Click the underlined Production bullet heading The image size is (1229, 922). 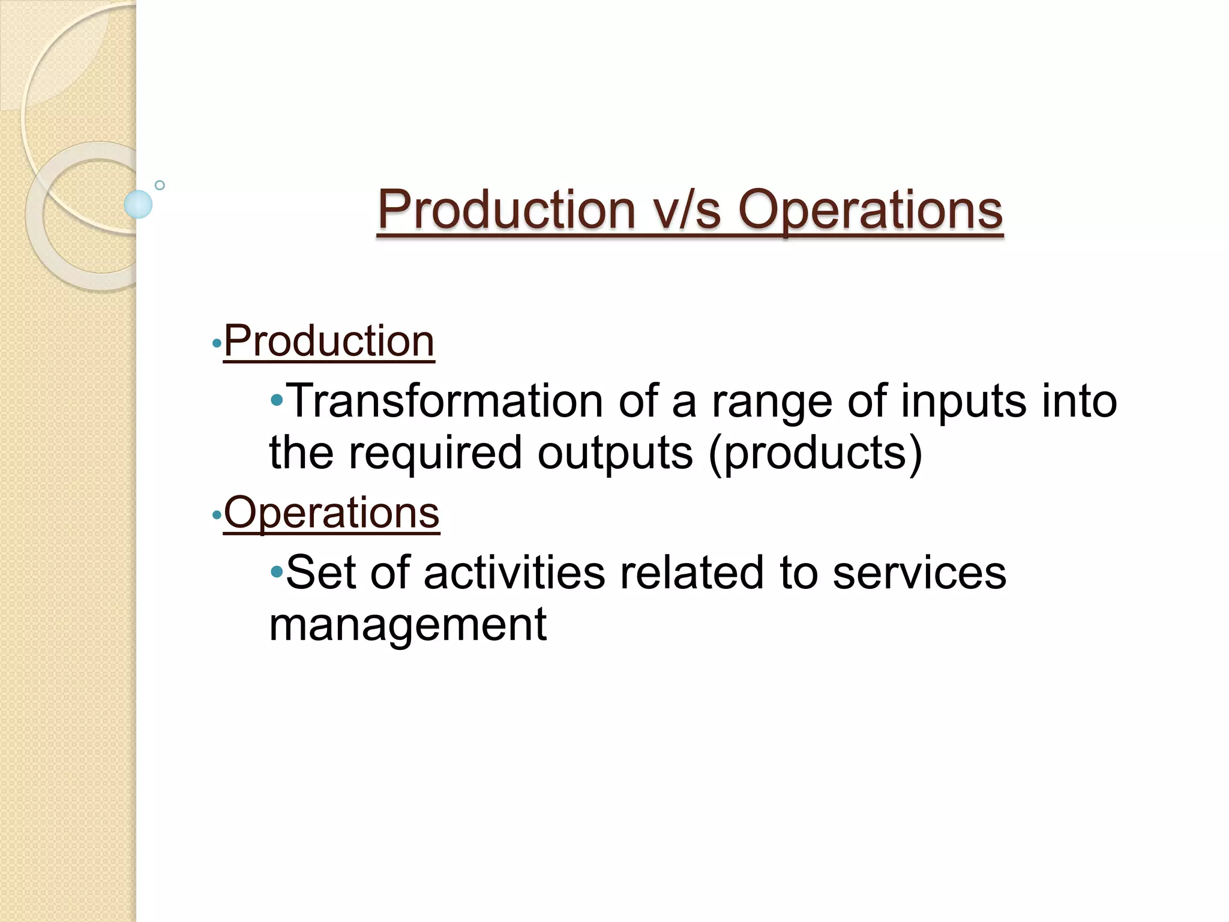coord(329,342)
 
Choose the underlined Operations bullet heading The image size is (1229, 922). coord(331,513)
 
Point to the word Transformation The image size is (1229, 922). coord(446,401)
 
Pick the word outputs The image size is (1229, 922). coord(615,453)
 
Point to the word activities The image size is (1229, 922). coord(514,573)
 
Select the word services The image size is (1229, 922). coord(919,574)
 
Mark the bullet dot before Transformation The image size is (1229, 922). coord(277,399)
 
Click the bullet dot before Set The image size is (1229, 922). coord(277,571)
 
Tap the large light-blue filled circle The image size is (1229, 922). coord(138,204)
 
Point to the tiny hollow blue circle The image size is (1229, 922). coord(160,185)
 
